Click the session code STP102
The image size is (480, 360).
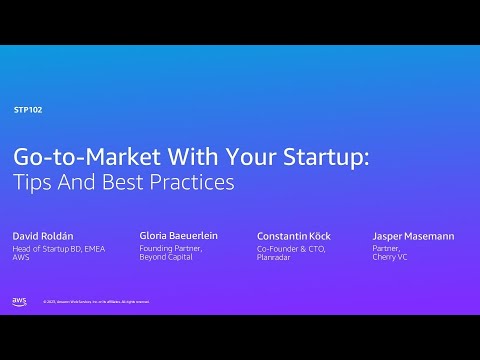tap(28, 109)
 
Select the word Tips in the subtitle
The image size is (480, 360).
tap(32, 183)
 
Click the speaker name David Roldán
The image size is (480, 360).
tap(43, 236)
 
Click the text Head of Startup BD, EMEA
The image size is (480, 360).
tap(57, 248)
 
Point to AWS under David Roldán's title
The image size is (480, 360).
tap(20, 257)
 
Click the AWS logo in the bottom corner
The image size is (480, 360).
tap(19, 301)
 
